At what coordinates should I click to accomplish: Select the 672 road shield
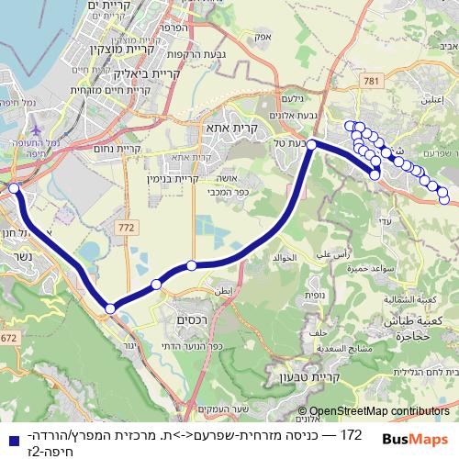(7, 340)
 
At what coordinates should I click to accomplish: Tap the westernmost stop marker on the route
(14, 188)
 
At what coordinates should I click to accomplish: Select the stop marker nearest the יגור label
(110, 308)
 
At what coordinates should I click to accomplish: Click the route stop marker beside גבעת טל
(312, 144)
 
